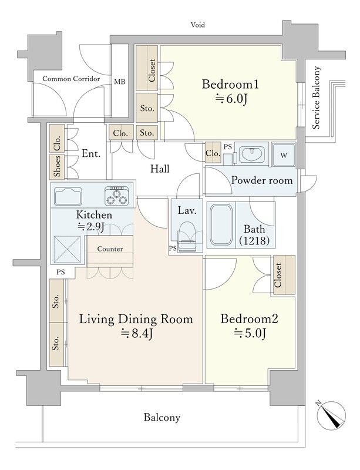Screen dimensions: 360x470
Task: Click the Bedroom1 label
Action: tap(230, 84)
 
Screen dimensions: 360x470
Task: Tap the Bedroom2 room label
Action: tap(250, 318)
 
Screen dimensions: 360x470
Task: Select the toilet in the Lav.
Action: tap(186, 237)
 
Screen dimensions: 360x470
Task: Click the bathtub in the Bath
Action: tap(221, 225)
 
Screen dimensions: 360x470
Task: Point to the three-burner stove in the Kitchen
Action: tap(117, 196)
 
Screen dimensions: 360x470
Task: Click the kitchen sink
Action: tap(68, 196)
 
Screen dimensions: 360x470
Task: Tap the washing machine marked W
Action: tap(284, 155)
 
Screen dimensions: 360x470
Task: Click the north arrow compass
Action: tap(331, 415)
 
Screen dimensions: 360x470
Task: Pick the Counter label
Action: tap(110, 249)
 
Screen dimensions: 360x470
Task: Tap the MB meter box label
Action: tap(120, 82)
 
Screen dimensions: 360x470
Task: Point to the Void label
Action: tap(198, 25)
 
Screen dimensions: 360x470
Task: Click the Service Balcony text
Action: tap(316, 98)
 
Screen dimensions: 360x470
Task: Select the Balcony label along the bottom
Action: tap(162, 417)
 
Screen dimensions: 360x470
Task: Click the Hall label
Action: tap(160, 169)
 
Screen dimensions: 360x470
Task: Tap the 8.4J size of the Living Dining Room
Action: tap(137, 333)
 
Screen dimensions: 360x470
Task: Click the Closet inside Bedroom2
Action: tap(284, 274)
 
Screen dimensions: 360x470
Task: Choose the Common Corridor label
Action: tap(71, 79)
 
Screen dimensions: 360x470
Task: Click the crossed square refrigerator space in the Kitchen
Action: tap(67, 249)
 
